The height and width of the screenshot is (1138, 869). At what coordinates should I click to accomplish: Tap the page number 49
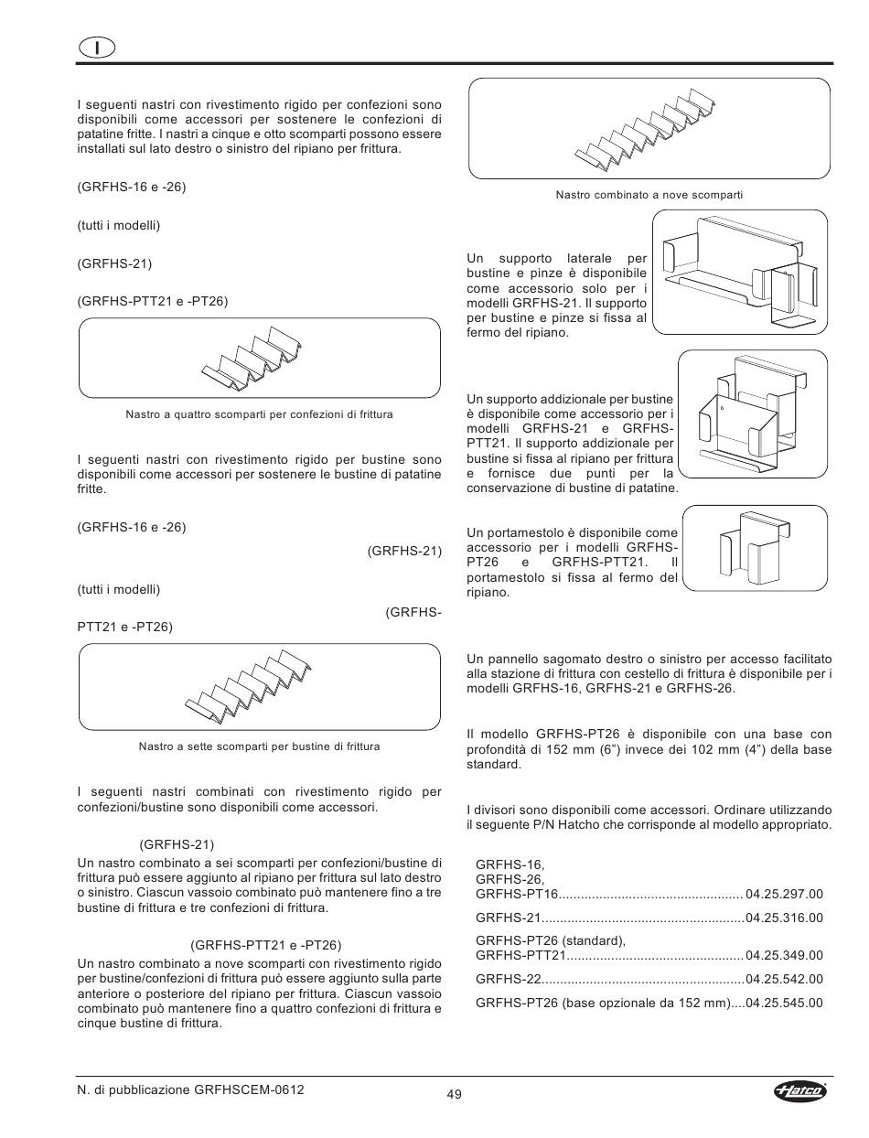[x=455, y=1094]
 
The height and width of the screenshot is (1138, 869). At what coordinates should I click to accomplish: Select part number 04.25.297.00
[x=784, y=894]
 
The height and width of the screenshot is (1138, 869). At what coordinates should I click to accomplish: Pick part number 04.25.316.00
[x=784, y=918]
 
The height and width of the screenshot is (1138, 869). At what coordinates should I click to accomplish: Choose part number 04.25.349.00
[x=784, y=956]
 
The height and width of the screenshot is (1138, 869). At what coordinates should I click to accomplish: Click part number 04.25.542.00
[x=784, y=979]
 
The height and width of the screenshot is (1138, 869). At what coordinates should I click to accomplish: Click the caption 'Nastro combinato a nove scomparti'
[x=649, y=195]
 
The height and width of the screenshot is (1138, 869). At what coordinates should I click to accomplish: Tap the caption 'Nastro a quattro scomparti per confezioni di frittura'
[x=259, y=414]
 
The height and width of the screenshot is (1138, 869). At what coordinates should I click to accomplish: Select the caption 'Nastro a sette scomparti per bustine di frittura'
[x=259, y=746]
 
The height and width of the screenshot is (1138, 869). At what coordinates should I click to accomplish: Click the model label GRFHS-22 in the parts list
[x=503, y=979]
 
